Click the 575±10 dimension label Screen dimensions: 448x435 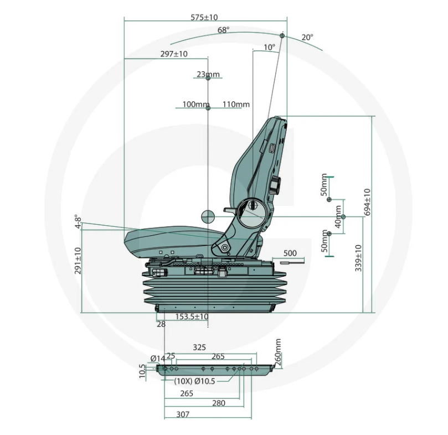204,17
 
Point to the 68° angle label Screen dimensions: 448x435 223,30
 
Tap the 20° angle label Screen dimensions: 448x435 307,38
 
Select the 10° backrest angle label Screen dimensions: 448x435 269,47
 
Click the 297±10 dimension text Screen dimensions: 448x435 174,54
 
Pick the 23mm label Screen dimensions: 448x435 208,74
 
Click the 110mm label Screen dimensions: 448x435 236,104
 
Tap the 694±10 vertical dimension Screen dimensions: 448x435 368,202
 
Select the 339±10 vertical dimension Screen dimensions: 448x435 358,258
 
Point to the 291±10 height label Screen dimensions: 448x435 78,261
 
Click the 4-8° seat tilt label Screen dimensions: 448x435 78,221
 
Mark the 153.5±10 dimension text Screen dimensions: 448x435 192,317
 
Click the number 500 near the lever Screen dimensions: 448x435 290,253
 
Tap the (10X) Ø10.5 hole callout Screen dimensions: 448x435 194,381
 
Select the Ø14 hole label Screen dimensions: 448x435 158,358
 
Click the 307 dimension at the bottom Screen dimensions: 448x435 183,414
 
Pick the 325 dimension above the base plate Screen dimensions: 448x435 199,348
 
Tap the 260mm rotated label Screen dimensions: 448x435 278,353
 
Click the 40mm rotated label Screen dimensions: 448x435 338,216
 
